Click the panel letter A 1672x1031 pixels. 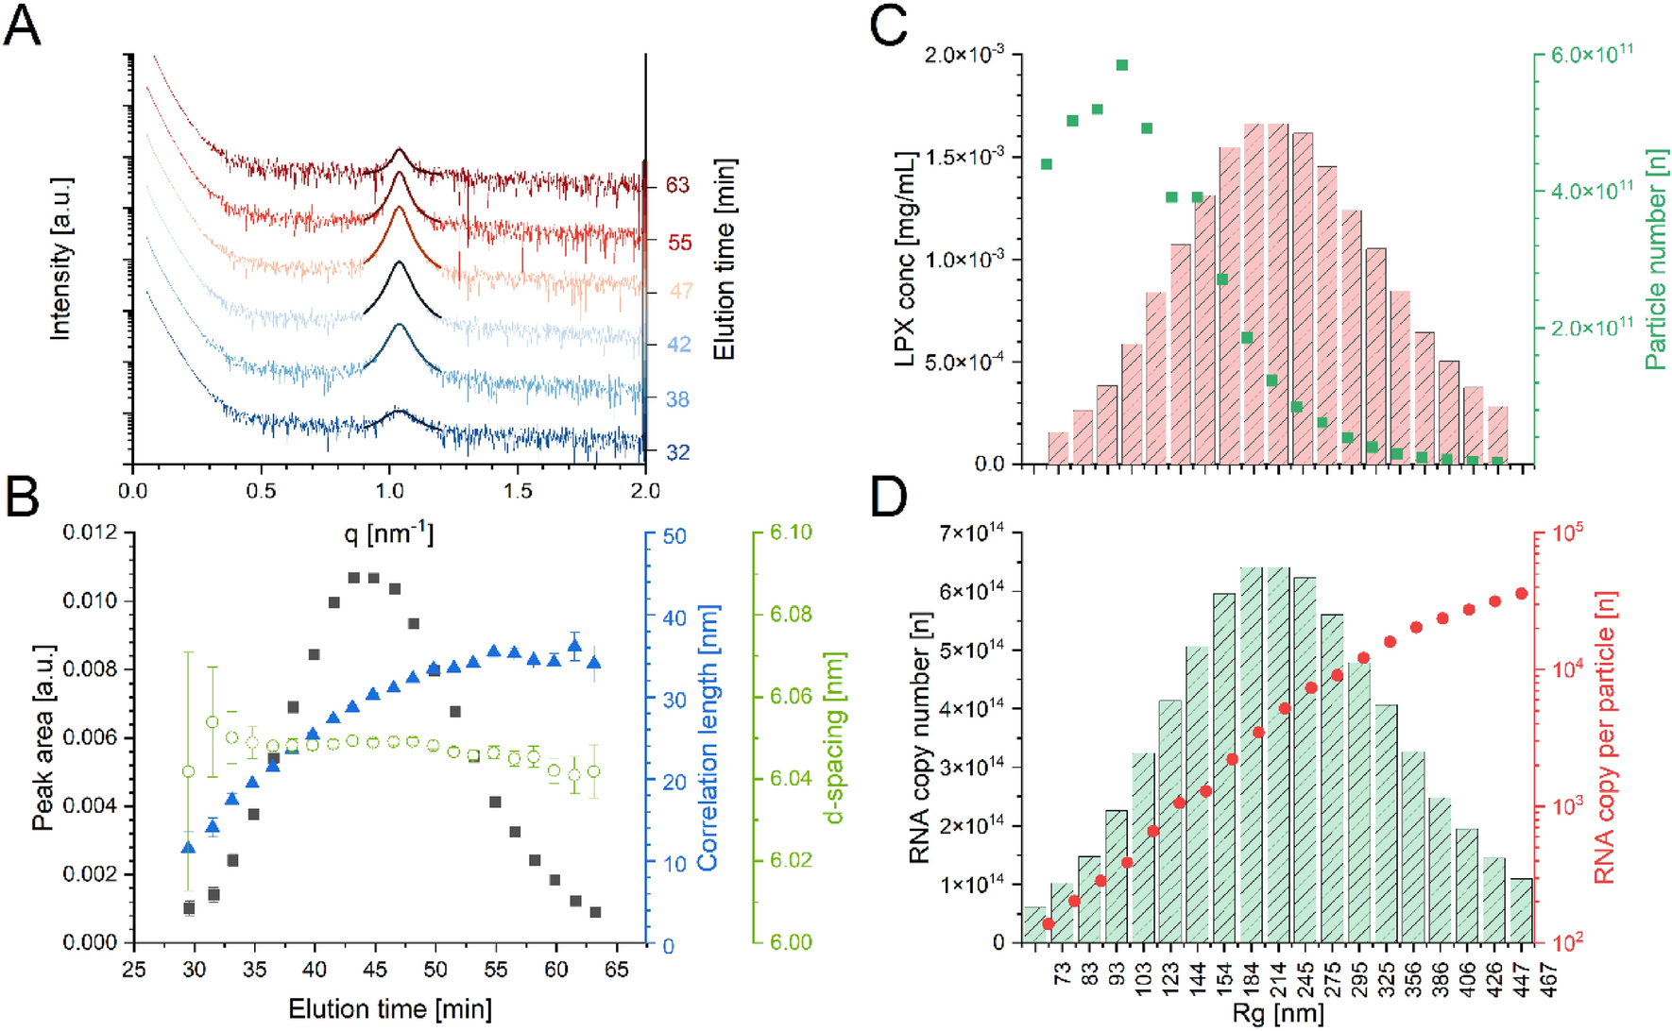22,25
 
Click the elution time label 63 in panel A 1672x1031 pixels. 677,185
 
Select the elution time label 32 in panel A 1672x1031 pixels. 677,453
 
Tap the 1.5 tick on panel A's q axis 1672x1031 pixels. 517,491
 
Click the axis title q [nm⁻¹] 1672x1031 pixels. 388,534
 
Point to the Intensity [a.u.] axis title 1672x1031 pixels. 61,258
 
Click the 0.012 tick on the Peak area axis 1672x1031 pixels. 91,532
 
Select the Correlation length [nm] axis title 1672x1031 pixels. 708,738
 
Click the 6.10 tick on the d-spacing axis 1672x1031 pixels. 790,532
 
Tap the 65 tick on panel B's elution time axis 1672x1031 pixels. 616,970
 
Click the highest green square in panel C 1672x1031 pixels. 1122,65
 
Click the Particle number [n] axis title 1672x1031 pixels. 1655,259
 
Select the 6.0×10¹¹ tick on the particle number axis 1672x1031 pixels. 1592,54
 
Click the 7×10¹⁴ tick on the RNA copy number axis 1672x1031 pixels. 971,532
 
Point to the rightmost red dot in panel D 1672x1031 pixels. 1521,593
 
